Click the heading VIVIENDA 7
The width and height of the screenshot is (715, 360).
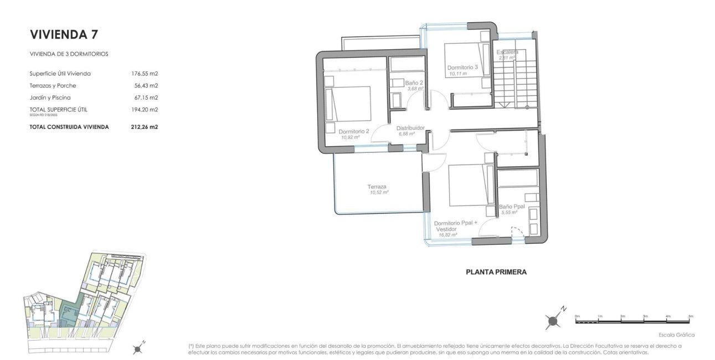64,34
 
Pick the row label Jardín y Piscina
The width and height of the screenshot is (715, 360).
50,97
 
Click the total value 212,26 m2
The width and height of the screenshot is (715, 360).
143,127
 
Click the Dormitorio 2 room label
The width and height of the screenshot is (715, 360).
353,132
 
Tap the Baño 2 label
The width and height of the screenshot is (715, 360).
414,83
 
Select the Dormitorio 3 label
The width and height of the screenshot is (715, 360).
462,68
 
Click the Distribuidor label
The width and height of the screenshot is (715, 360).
410,128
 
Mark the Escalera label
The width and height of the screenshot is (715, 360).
507,52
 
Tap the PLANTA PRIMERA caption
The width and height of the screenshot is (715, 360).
496,272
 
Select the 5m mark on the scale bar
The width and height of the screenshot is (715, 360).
690,316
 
